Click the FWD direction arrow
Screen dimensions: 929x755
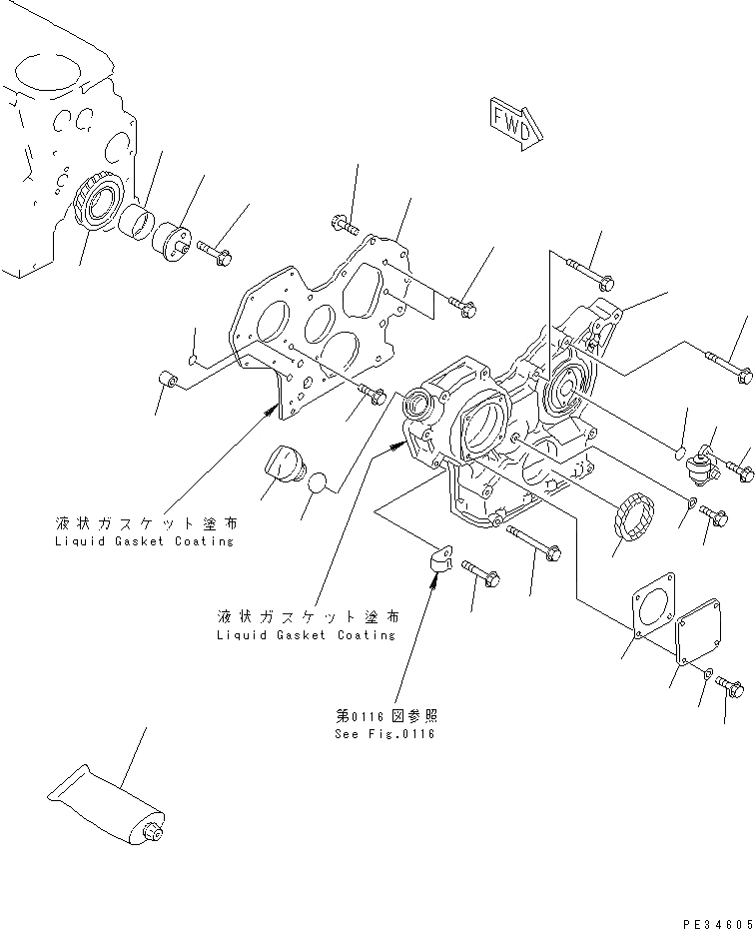coord(513,119)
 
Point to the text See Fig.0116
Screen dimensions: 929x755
coord(385,733)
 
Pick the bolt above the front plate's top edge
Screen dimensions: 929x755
coord(345,224)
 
